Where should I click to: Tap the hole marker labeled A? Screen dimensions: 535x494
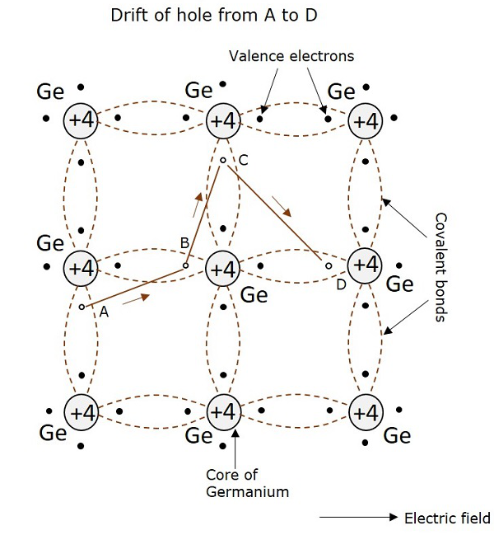82,307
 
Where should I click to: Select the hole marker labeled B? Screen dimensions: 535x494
185,265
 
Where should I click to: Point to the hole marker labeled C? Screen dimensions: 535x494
222,160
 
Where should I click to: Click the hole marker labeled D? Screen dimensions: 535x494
328,266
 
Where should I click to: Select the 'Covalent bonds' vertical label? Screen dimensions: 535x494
440,268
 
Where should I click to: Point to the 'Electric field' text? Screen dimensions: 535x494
447,519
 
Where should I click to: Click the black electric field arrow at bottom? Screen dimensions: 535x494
358,518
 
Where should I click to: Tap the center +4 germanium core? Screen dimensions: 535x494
222,268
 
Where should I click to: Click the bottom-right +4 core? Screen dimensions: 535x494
364,411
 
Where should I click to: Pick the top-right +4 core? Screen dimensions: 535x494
364,120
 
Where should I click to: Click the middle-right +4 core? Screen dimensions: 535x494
364,265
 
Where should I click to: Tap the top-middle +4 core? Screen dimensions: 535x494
222,120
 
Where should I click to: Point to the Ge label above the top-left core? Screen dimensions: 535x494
50,92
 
